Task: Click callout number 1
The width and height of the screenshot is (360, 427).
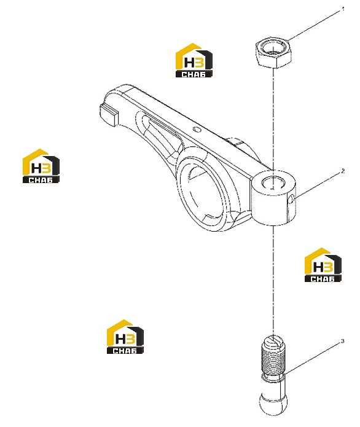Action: click(x=343, y=9)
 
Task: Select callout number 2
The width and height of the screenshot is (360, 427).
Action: click(x=343, y=171)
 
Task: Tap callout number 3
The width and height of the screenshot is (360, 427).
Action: click(x=343, y=341)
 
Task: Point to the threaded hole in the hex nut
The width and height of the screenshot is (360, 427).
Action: click(x=273, y=49)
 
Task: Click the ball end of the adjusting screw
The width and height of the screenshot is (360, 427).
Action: click(x=273, y=404)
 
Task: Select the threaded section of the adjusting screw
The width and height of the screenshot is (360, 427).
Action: click(x=273, y=360)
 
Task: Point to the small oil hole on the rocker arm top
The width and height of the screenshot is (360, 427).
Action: click(x=197, y=129)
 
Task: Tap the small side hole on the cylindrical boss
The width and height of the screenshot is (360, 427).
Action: click(x=291, y=198)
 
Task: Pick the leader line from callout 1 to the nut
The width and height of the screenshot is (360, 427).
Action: click(x=315, y=25)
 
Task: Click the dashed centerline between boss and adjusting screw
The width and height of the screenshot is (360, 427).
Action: click(x=273, y=281)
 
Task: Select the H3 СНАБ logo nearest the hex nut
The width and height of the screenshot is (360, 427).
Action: click(x=194, y=60)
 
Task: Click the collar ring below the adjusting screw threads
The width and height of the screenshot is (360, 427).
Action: click(x=273, y=378)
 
